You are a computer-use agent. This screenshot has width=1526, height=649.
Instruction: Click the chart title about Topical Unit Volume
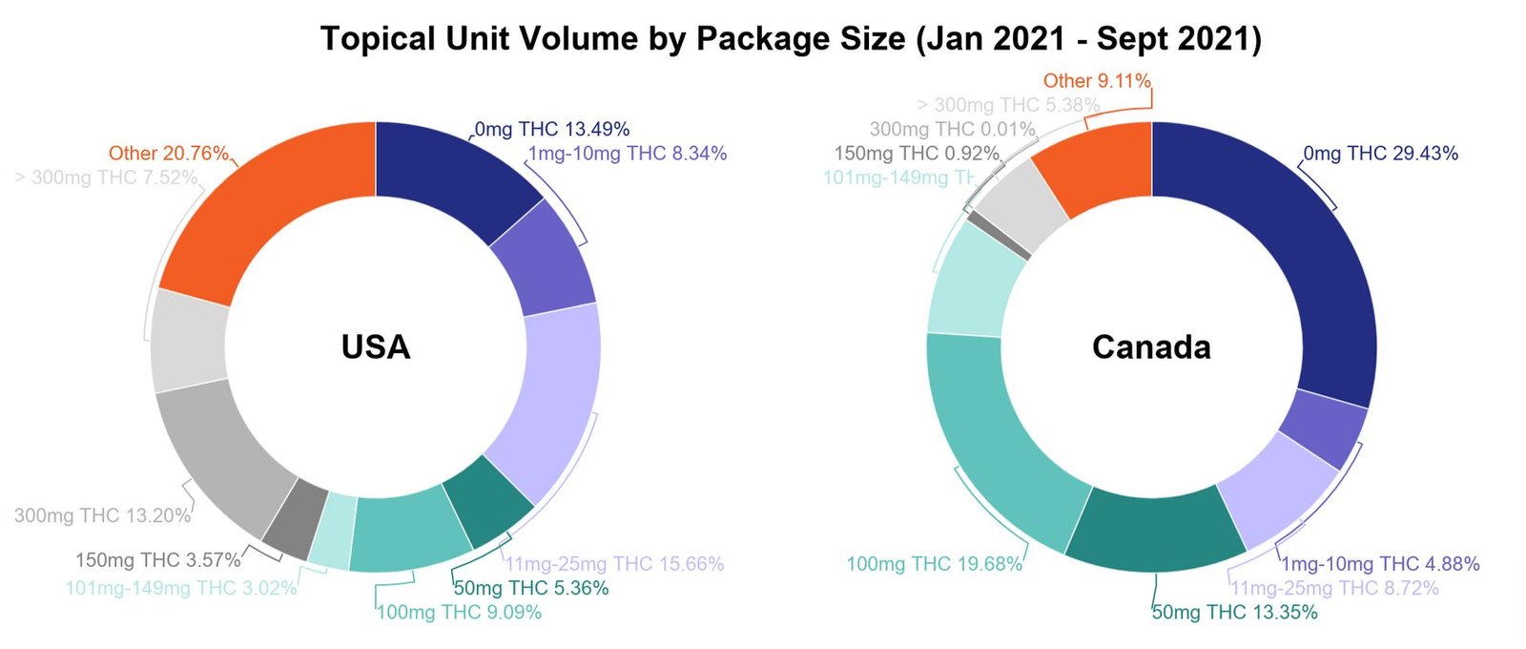(x=791, y=39)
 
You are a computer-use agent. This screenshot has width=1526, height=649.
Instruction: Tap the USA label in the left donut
(x=376, y=346)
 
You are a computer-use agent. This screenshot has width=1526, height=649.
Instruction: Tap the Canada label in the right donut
(x=1151, y=346)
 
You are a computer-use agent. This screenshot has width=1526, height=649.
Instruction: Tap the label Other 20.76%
(x=169, y=153)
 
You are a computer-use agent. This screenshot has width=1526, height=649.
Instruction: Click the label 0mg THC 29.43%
(x=1380, y=153)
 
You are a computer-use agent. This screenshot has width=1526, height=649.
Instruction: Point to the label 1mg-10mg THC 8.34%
(x=628, y=153)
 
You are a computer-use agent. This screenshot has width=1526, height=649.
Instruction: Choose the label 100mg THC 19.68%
(x=935, y=564)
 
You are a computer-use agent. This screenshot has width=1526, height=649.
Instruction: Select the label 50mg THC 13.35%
(x=1234, y=612)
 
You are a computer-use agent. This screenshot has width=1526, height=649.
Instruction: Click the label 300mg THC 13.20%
(x=102, y=515)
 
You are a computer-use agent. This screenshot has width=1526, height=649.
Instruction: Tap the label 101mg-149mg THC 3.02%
(x=181, y=588)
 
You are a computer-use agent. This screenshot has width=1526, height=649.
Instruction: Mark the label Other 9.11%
(x=1097, y=81)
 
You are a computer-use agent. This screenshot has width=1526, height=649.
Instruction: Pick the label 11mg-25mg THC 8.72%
(x=1334, y=588)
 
